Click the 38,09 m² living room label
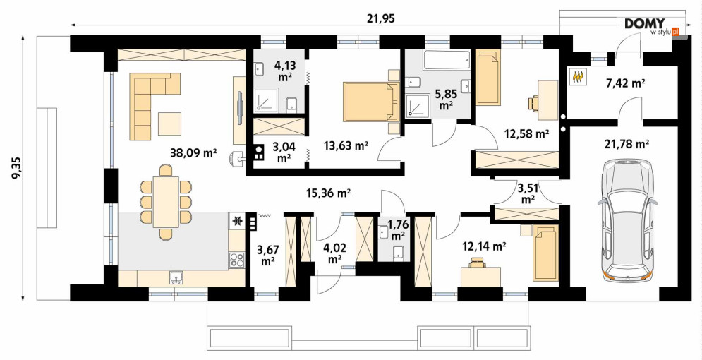tap(193, 152)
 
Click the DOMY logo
tap(645, 24)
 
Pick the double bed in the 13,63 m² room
tap(371, 102)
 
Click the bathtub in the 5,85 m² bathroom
tap(447, 59)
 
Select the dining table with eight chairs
tap(166, 201)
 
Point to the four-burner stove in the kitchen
tap(237, 260)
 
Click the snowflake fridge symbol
tap(237, 220)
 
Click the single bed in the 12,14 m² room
tap(546, 253)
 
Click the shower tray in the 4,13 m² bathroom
tap(267, 100)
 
